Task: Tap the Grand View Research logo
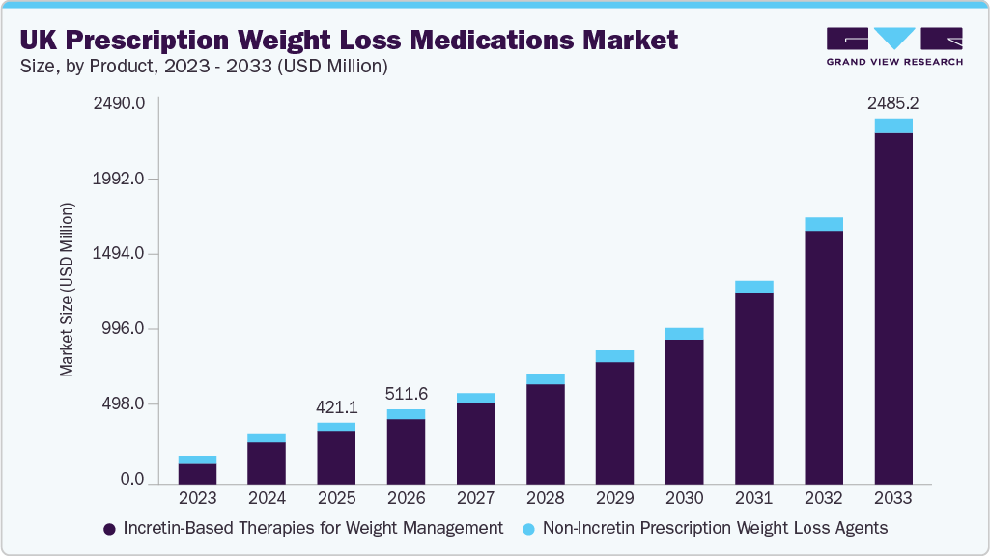pos(893,45)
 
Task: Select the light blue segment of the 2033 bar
pos(893,125)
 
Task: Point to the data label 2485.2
pos(893,101)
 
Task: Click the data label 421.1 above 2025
pos(336,406)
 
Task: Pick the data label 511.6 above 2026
pos(406,394)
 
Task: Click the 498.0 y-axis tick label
pos(124,404)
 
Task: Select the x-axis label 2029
pos(614,498)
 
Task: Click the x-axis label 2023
pos(197,498)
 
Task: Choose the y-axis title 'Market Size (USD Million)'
pos(67,290)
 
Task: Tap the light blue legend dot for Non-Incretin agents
pos(527,529)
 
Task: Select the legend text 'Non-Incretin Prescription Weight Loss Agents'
pos(715,528)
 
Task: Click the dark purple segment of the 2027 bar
pos(475,442)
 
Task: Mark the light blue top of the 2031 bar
pos(754,287)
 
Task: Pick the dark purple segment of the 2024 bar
pos(267,461)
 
